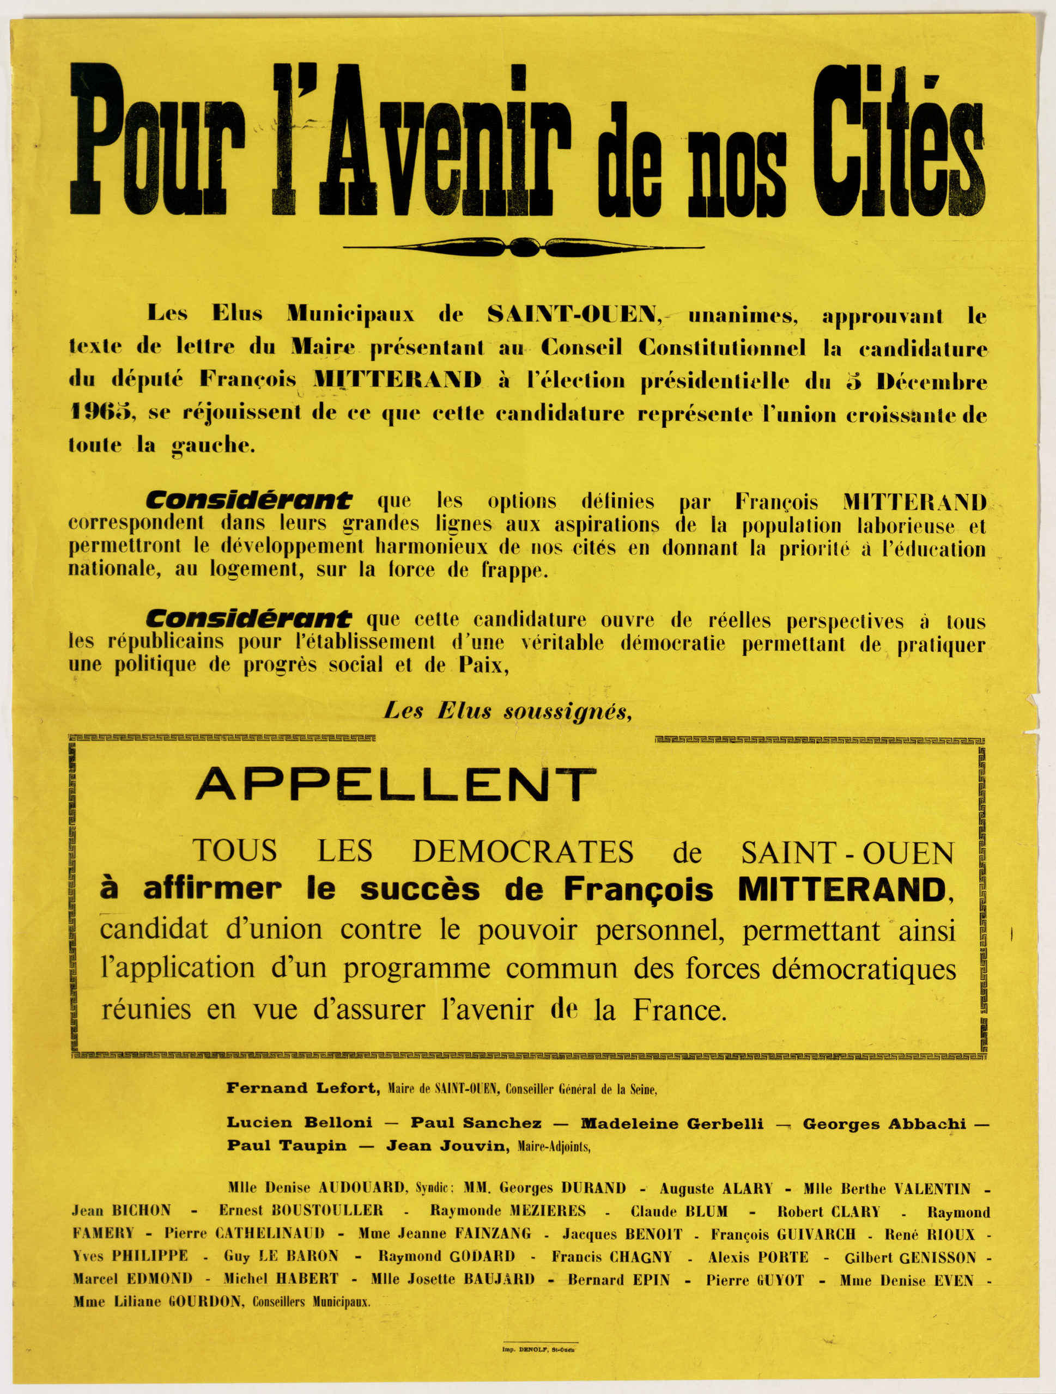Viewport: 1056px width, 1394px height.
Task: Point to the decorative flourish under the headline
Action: click(x=523, y=247)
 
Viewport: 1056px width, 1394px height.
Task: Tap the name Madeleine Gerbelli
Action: click(x=671, y=1124)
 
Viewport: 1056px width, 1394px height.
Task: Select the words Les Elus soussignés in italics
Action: click(x=508, y=712)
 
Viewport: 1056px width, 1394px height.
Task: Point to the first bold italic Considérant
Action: click(x=248, y=501)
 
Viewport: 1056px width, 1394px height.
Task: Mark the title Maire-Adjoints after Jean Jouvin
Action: click(x=553, y=1146)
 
